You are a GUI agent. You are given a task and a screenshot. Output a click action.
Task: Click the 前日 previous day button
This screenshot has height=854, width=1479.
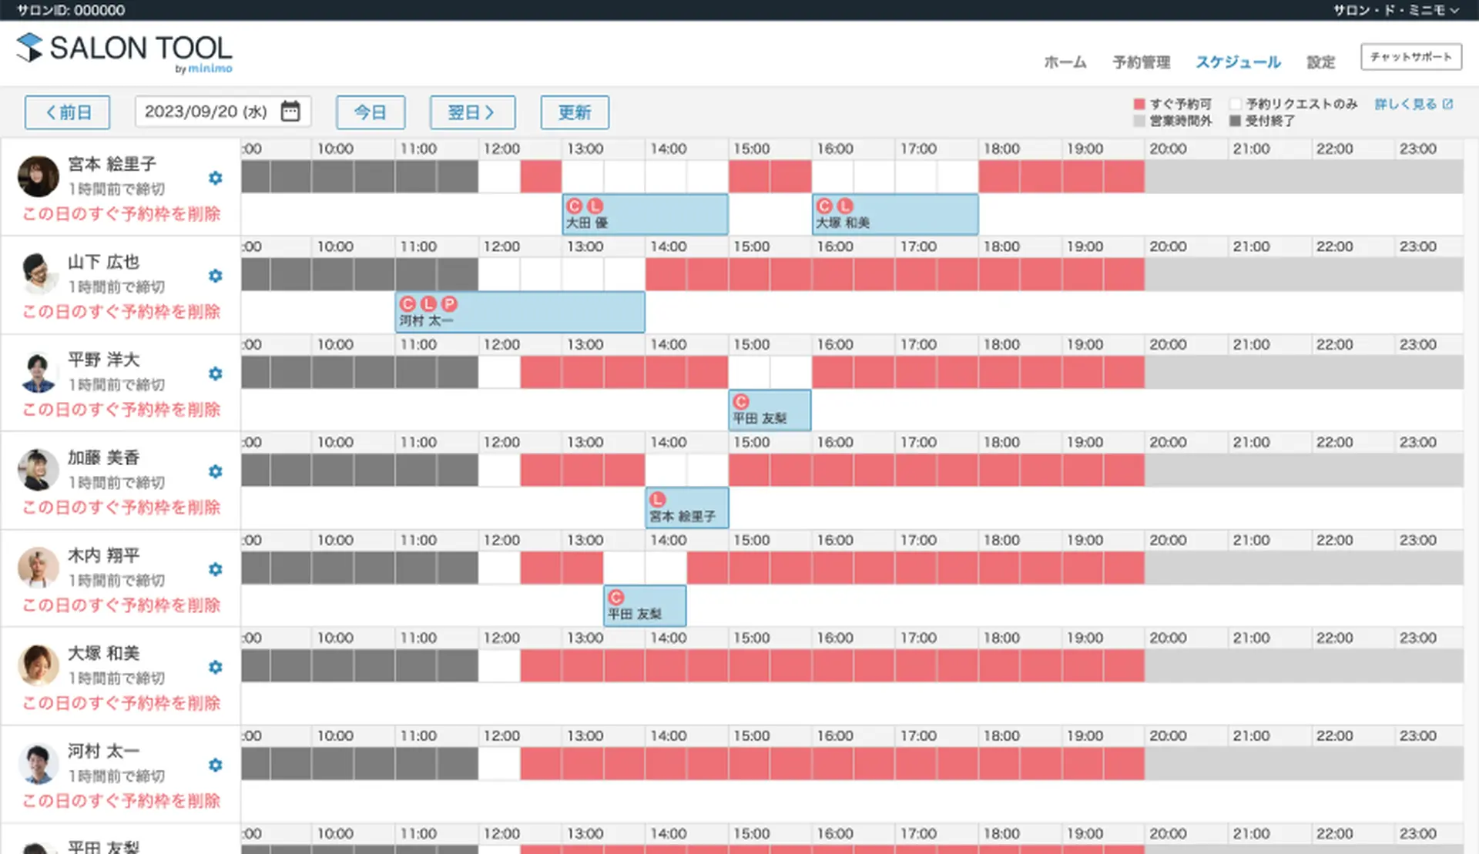point(67,112)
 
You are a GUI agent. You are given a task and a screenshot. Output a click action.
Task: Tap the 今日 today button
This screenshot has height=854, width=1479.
point(371,112)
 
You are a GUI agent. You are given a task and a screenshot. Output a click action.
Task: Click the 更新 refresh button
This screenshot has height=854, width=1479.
point(575,112)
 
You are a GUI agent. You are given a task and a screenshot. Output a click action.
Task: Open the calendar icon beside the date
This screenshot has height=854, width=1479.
point(290,112)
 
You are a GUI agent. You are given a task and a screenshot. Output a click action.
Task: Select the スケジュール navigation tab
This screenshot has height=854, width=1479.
point(1238,62)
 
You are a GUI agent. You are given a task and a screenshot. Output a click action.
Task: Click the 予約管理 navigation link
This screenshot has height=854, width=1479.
point(1141,62)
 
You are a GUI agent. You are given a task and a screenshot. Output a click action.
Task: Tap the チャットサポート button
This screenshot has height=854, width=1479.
point(1410,57)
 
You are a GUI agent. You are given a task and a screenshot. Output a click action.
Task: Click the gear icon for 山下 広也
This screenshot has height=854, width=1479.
point(216,276)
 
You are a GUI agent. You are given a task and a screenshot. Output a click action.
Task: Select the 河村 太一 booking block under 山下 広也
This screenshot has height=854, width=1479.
point(520,313)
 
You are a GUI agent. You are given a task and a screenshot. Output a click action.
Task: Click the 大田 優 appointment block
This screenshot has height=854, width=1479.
point(645,215)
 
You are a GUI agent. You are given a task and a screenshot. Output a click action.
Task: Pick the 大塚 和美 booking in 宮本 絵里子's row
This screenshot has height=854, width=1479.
point(895,215)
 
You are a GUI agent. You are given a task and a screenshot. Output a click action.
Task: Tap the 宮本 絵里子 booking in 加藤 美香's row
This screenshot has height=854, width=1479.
point(686,508)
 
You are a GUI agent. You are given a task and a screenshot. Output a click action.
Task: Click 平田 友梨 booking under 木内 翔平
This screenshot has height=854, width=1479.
point(645,606)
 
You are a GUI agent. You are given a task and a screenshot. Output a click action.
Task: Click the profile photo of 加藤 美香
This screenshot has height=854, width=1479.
point(39,470)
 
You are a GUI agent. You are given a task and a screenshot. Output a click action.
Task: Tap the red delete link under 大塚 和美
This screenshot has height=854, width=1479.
point(122,703)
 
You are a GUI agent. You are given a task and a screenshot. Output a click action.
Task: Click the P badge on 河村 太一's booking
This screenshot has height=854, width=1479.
point(449,304)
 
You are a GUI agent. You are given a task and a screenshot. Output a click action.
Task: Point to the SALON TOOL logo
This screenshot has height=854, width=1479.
point(125,51)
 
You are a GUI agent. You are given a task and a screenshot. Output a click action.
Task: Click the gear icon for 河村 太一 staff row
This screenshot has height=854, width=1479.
point(216,765)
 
